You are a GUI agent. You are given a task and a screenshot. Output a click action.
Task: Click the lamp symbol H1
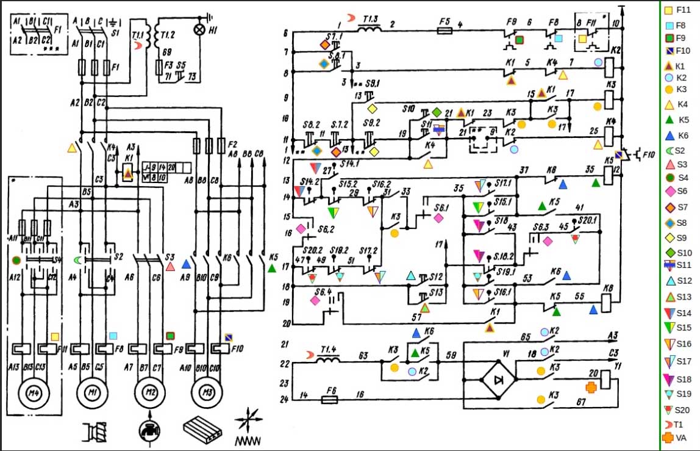[198, 29]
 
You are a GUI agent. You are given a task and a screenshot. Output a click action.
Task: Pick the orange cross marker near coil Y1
[591, 387]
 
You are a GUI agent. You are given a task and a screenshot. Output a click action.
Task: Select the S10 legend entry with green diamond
[675, 253]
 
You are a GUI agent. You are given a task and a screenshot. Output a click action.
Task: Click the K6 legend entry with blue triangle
[675, 135]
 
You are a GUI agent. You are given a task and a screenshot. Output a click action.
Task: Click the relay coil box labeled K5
[609, 175]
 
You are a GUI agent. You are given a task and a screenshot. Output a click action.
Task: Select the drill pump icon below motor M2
[148, 428]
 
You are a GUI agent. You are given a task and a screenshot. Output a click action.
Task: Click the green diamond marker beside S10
[437, 112]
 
